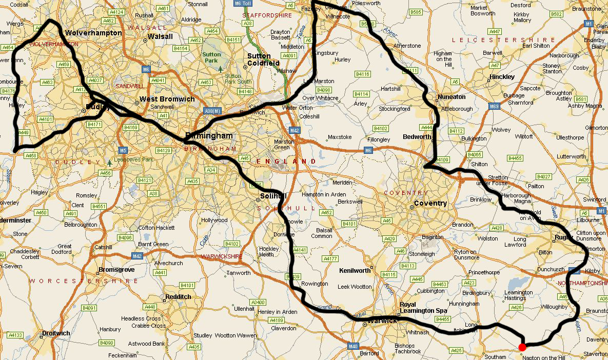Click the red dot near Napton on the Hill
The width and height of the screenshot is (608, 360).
522,347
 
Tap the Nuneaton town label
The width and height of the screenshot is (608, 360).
452,96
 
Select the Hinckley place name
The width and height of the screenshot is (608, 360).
502,77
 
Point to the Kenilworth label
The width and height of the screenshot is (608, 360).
355,270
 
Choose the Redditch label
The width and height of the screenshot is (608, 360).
178,296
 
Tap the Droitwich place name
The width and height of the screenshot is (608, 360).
56,333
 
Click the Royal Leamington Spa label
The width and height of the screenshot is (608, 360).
423,307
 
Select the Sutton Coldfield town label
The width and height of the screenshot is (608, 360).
263,59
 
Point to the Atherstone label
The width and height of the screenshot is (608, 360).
407,46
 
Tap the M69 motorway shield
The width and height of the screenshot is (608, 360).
494,106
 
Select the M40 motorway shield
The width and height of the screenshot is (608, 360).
353,346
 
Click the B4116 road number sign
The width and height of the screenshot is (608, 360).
363,74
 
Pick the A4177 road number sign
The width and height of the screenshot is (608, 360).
330,259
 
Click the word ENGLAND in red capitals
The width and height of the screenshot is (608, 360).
286,161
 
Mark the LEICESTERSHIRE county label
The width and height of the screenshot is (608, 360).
503,39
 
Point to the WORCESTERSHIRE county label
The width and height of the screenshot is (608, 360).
83,281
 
